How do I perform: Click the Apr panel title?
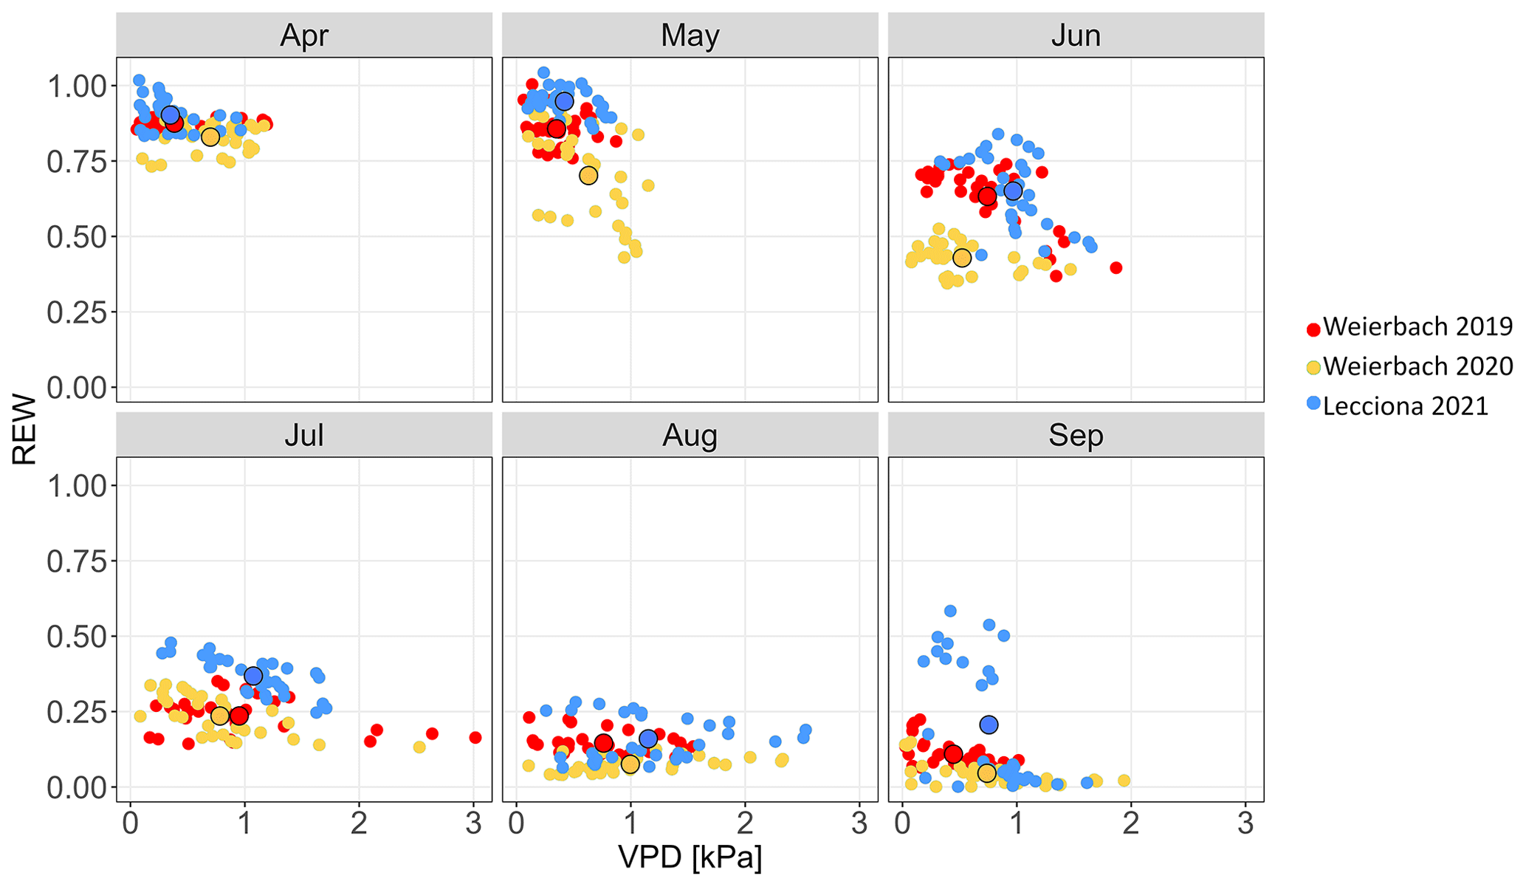tap(304, 35)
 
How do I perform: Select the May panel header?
tap(690, 35)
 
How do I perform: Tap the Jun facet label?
tap(1076, 35)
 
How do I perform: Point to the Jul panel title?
tap(304, 435)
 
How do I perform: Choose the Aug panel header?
tap(690, 435)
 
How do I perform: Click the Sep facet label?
tap(1076, 435)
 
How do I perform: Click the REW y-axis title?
tap(24, 429)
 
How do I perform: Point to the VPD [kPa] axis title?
tap(690, 857)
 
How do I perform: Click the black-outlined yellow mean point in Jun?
tap(961, 258)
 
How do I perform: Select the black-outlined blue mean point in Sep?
tap(989, 725)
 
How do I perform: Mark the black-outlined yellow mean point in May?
tap(588, 176)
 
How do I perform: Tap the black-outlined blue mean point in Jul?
tap(253, 676)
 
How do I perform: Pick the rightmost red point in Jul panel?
tap(475, 737)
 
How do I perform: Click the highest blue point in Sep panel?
tap(950, 611)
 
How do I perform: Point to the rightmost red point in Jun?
tap(1116, 267)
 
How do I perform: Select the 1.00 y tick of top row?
tap(77, 86)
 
